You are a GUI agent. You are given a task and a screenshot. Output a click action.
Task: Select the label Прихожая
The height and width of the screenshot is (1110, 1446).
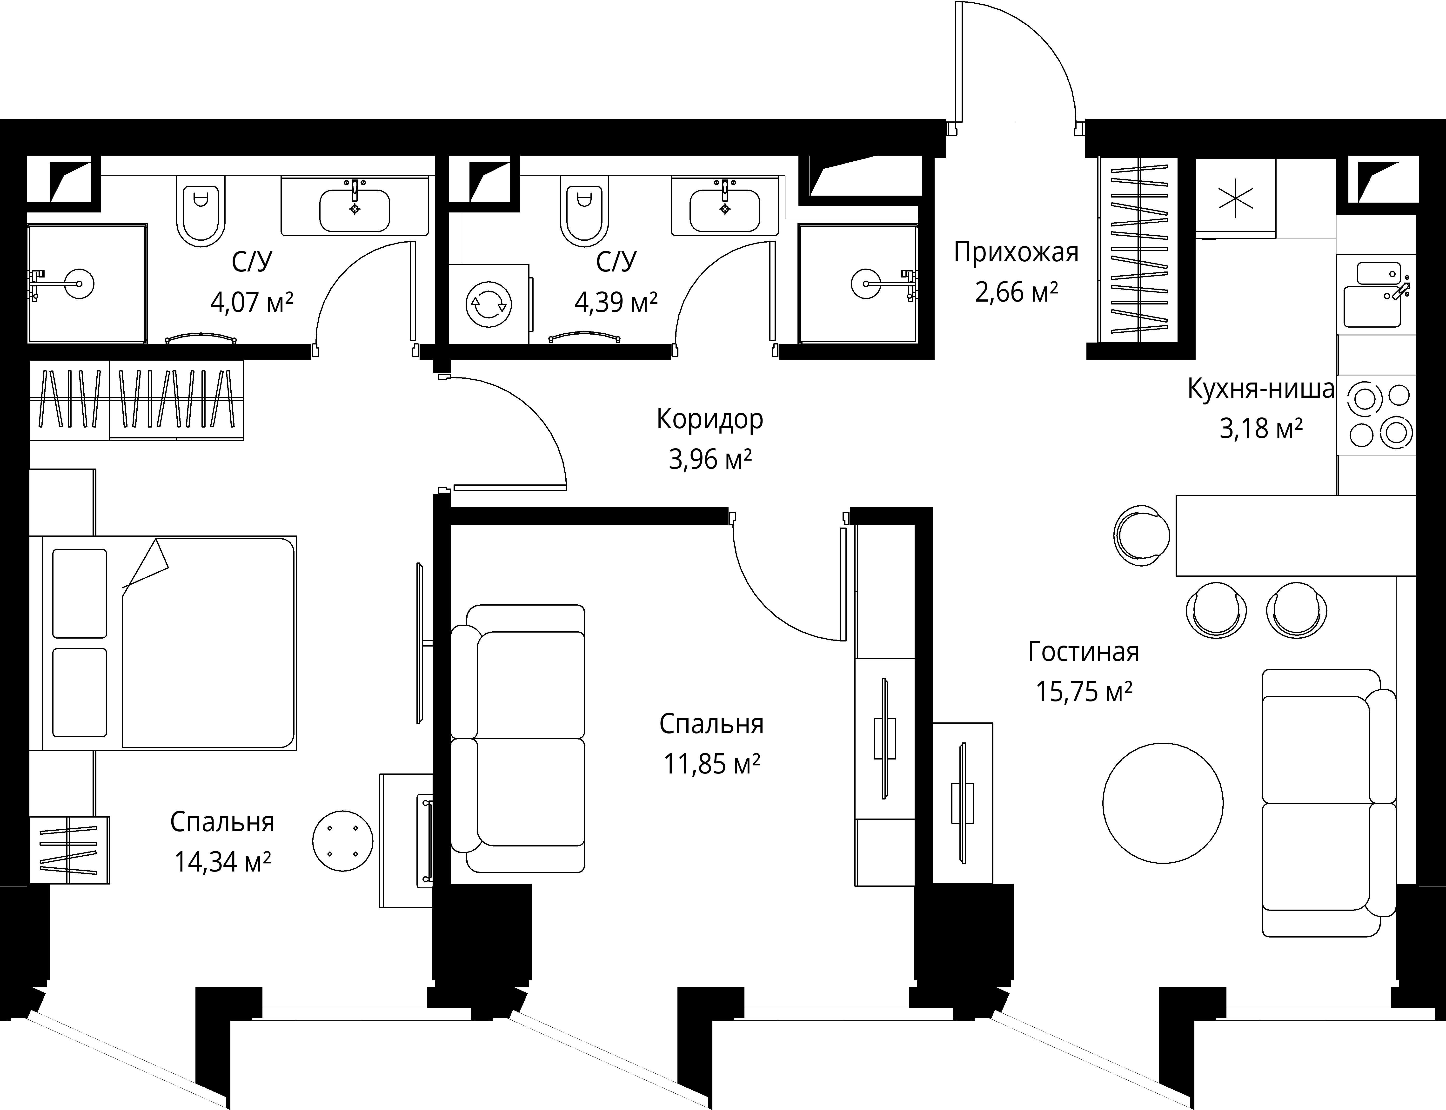1016,252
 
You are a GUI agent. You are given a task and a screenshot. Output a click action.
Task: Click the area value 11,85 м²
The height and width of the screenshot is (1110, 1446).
712,764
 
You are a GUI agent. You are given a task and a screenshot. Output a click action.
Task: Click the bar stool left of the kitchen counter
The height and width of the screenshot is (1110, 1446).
1141,535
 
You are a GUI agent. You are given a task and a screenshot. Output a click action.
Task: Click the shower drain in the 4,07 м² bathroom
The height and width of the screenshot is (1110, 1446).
79,284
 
